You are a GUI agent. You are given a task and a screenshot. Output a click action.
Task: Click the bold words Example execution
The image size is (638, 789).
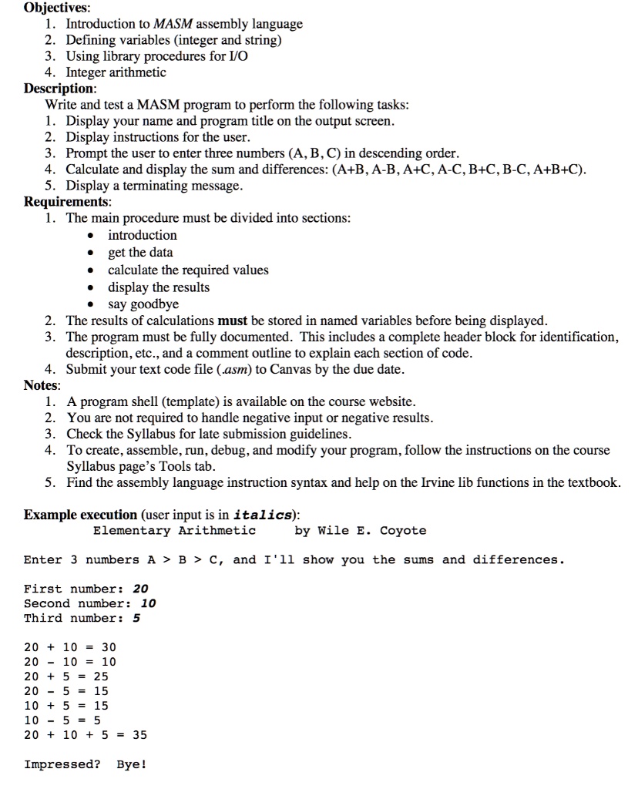click(80, 514)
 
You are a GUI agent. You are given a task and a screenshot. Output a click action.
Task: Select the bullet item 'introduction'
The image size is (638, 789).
click(142, 235)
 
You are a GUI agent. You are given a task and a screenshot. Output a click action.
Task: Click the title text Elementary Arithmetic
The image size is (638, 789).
click(174, 531)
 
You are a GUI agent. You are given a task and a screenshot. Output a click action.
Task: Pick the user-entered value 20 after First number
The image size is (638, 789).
click(141, 589)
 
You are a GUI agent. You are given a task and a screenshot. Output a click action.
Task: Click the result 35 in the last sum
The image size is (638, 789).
click(139, 735)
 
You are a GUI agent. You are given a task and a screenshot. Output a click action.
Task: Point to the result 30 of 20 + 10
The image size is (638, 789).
click(109, 647)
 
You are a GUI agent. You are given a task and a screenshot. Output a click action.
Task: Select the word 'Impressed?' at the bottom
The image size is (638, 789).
click(62, 765)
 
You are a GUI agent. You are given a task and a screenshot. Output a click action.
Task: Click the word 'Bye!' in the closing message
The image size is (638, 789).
click(132, 765)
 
